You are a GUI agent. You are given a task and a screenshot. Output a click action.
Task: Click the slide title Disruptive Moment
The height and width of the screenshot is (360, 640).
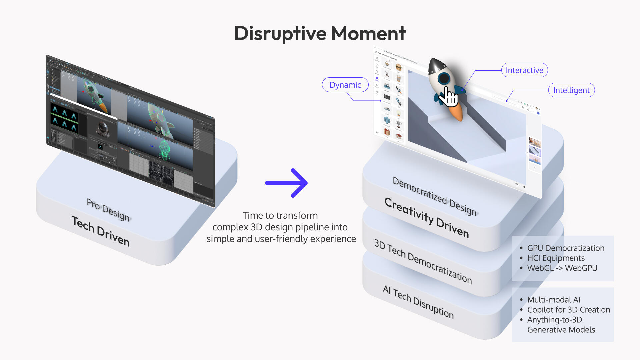[x=320, y=33]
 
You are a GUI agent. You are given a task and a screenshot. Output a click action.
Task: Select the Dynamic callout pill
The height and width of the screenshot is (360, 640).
[x=345, y=85]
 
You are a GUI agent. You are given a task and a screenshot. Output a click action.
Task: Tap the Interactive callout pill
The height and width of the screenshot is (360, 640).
[x=524, y=70]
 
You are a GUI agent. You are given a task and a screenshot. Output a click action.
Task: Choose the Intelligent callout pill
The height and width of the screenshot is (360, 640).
[x=571, y=90]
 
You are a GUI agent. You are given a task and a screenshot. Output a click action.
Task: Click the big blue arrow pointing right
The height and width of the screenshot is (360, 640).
[x=287, y=183]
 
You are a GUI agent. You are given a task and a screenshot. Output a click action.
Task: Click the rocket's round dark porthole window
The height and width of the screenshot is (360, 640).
[x=444, y=79]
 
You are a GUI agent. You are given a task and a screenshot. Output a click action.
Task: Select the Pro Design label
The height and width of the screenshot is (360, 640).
[x=108, y=209]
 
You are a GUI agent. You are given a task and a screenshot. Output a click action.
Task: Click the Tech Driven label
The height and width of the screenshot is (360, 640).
[x=101, y=231]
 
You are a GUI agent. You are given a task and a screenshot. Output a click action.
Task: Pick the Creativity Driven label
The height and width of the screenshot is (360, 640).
[x=427, y=217]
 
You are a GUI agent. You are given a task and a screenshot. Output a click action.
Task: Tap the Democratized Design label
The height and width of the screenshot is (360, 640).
[x=435, y=196]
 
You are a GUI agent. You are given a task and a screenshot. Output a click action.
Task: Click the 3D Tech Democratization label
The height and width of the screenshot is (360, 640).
[x=423, y=261]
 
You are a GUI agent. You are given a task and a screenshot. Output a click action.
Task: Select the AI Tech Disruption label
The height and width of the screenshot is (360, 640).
[x=418, y=302]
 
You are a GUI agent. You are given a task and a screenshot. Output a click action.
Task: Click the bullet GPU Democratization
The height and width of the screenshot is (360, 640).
[x=566, y=248]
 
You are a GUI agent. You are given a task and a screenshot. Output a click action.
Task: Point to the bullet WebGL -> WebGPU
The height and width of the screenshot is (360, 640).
[x=562, y=268]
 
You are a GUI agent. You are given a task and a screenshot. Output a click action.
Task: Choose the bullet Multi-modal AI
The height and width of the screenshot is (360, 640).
[x=554, y=300]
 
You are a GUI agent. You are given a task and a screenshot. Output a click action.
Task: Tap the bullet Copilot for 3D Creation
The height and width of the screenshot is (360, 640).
[x=569, y=310]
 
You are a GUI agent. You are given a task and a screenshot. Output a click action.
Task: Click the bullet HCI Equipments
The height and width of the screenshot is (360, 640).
[x=556, y=258]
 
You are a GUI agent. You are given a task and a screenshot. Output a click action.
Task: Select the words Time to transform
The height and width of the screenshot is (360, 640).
[x=280, y=215]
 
